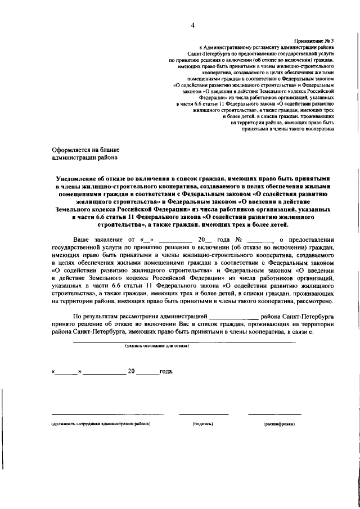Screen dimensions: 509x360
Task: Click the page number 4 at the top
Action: coord(192,25)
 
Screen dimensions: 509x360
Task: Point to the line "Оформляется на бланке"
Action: coord(85,150)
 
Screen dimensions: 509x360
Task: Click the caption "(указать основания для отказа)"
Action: coord(157,346)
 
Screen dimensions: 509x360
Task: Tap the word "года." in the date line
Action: coord(167,372)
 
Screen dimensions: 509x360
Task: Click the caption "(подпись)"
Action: coord(203,424)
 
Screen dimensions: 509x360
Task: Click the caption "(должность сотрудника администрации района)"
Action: coord(101,424)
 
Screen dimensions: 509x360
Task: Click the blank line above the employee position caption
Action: coord(101,415)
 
